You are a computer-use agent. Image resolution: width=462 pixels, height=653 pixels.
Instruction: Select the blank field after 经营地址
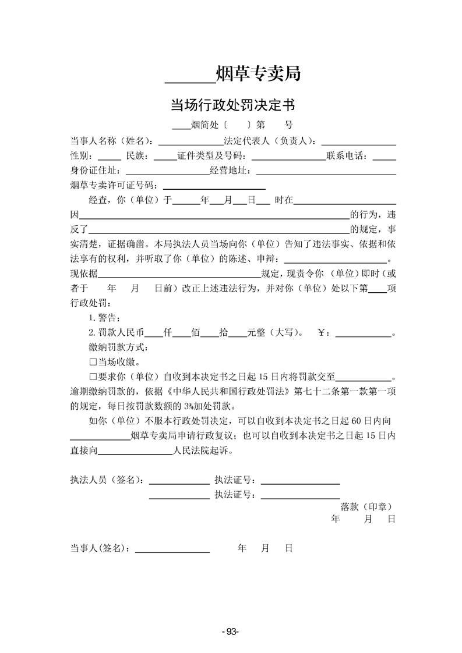coord(326,173)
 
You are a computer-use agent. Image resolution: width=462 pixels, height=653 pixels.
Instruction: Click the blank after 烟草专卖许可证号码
coord(214,187)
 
